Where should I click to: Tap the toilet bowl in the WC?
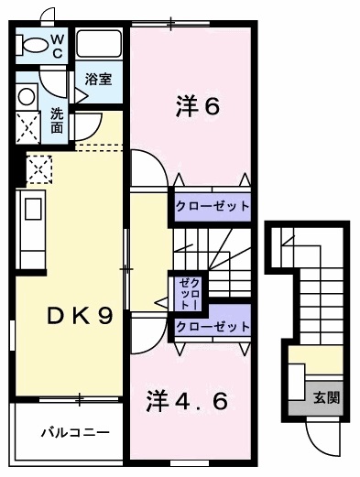tap(34, 44)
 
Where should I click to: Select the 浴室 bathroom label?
tap(98, 80)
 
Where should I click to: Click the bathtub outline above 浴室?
tap(99, 45)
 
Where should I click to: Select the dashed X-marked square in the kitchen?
tap(38, 168)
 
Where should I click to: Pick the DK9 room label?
tap(81, 317)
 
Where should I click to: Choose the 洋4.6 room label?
tap(195, 400)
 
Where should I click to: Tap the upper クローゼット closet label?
tap(212, 206)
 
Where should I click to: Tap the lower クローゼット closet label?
tap(212, 327)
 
